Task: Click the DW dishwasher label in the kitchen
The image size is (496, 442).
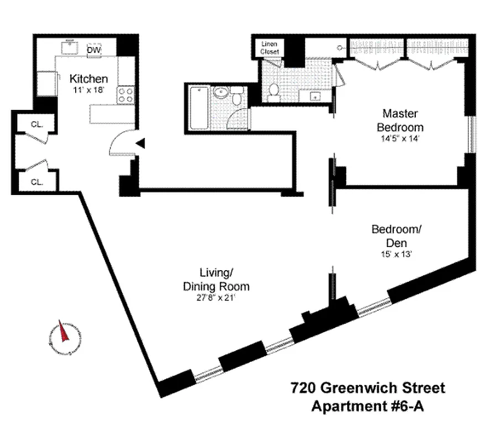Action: (x=93, y=50)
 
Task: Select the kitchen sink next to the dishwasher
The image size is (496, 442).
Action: (x=71, y=49)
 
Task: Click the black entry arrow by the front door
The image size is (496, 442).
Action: (x=140, y=144)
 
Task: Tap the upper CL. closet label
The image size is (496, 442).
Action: (x=37, y=124)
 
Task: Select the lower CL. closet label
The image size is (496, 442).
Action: (x=37, y=181)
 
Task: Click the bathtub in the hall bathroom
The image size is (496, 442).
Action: (x=198, y=107)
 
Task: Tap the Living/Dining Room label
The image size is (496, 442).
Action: (x=216, y=280)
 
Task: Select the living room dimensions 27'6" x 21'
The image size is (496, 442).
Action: (x=216, y=298)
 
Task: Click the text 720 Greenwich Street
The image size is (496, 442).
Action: (x=367, y=388)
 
